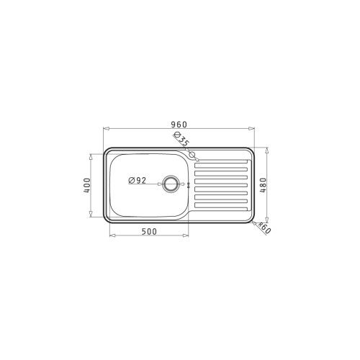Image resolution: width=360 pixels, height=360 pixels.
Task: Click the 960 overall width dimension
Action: [179, 125]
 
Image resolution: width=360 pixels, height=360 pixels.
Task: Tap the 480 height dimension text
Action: [264, 185]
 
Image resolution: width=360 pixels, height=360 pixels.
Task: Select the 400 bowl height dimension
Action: [87, 185]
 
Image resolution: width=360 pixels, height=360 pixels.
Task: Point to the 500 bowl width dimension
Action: [149, 232]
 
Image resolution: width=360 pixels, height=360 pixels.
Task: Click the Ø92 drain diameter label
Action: [138, 180]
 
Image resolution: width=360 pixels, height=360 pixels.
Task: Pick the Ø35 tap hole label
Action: [181, 139]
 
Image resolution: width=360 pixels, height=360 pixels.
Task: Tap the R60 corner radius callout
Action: [264, 228]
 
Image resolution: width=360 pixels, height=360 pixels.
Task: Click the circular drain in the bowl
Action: [171, 184]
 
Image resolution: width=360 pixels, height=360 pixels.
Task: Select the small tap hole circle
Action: [192, 155]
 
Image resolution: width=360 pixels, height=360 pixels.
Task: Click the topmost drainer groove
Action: [221, 162]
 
